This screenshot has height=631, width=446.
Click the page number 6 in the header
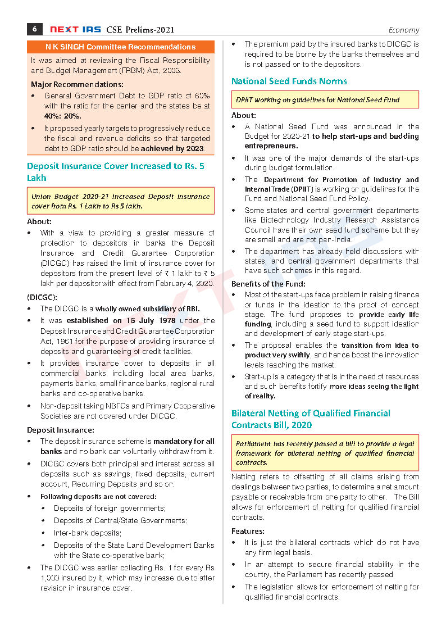click(35, 29)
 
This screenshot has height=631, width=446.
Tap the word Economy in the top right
click(403, 30)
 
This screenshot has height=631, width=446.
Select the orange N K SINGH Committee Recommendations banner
click(120, 47)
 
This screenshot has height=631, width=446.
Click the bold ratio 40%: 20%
click(61, 116)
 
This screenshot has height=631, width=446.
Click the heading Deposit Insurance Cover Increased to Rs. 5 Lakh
click(115, 172)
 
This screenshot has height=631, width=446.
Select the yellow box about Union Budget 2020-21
click(120, 201)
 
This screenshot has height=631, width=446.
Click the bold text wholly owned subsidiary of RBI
click(147, 309)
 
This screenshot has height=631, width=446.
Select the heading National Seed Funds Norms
click(289, 81)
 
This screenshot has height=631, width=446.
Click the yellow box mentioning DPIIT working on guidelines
click(325, 100)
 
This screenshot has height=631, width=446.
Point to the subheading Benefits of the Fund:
click(268, 284)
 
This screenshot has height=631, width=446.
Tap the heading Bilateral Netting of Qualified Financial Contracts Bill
click(311, 419)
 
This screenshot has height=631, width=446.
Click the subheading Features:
click(248, 531)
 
